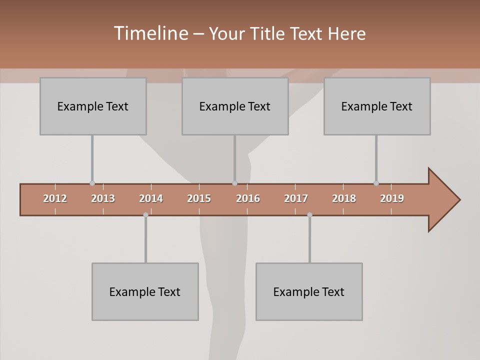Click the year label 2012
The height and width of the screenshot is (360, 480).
[x=55, y=198]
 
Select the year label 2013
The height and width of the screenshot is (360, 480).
[x=103, y=198]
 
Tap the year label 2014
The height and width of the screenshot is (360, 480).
[x=151, y=198]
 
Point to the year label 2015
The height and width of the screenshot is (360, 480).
[x=199, y=198]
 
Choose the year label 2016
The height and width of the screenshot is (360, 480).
[x=248, y=198]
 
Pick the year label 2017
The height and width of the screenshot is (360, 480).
[x=296, y=198]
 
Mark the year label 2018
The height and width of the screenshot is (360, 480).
[x=344, y=198]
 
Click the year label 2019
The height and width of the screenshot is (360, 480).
[x=392, y=198]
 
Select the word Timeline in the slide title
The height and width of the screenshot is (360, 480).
[x=150, y=33]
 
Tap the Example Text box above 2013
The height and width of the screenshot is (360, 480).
[x=93, y=106]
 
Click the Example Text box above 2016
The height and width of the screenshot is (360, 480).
[x=235, y=106]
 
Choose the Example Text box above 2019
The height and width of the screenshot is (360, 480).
[x=377, y=106]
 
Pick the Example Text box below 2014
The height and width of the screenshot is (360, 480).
[x=145, y=291]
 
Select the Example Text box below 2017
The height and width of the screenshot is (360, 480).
[x=309, y=291]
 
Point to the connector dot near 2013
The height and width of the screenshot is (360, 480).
[x=92, y=183]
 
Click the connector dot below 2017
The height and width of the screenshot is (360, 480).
[x=309, y=215]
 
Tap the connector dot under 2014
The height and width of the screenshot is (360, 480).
[x=145, y=215]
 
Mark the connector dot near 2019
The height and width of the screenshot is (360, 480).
[x=376, y=183]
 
